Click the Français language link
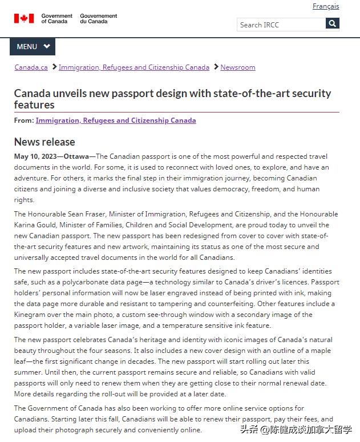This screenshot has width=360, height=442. (325, 6)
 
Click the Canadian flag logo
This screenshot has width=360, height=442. (24, 19)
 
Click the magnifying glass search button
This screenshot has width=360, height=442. (333, 23)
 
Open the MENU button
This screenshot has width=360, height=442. (33, 46)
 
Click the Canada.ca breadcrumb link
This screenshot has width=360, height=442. (31, 67)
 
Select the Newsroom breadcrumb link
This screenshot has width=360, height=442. (238, 67)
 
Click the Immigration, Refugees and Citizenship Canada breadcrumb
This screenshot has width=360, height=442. (134, 67)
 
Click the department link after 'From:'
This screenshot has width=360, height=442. (116, 120)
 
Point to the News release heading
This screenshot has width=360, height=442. (45, 142)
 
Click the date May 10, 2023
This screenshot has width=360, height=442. (35, 156)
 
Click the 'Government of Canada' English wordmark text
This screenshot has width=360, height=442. (57, 19)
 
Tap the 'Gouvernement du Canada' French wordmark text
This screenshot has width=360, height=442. (99, 19)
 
